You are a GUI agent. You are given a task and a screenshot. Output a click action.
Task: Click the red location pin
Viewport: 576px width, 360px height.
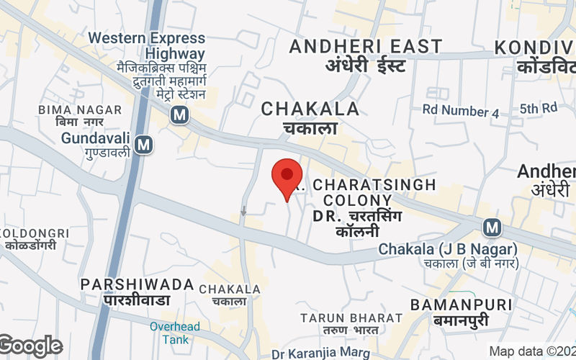pyautogui.click(x=287, y=177)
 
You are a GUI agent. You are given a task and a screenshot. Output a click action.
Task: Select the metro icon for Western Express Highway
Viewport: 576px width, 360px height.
pyautogui.click(x=179, y=114)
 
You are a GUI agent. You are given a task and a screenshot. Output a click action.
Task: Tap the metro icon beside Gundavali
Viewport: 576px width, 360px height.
pyautogui.click(x=144, y=145)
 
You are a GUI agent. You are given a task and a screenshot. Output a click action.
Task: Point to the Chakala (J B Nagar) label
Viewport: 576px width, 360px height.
pyautogui.click(x=448, y=249)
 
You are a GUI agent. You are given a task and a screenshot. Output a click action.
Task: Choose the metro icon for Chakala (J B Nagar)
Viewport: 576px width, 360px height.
pyautogui.click(x=492, y=228)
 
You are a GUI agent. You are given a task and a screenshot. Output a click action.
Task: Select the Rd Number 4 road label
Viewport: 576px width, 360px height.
pyautogui.click(x=460, y=112)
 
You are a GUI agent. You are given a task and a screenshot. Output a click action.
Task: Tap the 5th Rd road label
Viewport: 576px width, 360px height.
pyautogui.click(x=539, y=108)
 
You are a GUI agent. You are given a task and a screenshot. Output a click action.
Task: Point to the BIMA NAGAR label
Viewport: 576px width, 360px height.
pyautogui.click(x=66, y=109)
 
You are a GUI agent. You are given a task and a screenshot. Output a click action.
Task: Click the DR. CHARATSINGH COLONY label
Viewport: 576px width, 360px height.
pyautogui.click(x=366, y=192)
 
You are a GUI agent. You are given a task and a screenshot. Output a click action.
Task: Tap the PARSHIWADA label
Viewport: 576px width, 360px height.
pyautogui.click(x=137, y=284)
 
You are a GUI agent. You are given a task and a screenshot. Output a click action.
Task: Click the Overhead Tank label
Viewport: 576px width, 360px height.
pyautogui.click(x=170, y=333)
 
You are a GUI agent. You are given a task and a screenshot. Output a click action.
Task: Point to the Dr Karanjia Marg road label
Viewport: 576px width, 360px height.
pyautogui.click(x=321, y=354)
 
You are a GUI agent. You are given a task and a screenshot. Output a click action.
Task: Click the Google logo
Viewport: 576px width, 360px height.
pyautogui.click(x=30, y=346)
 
